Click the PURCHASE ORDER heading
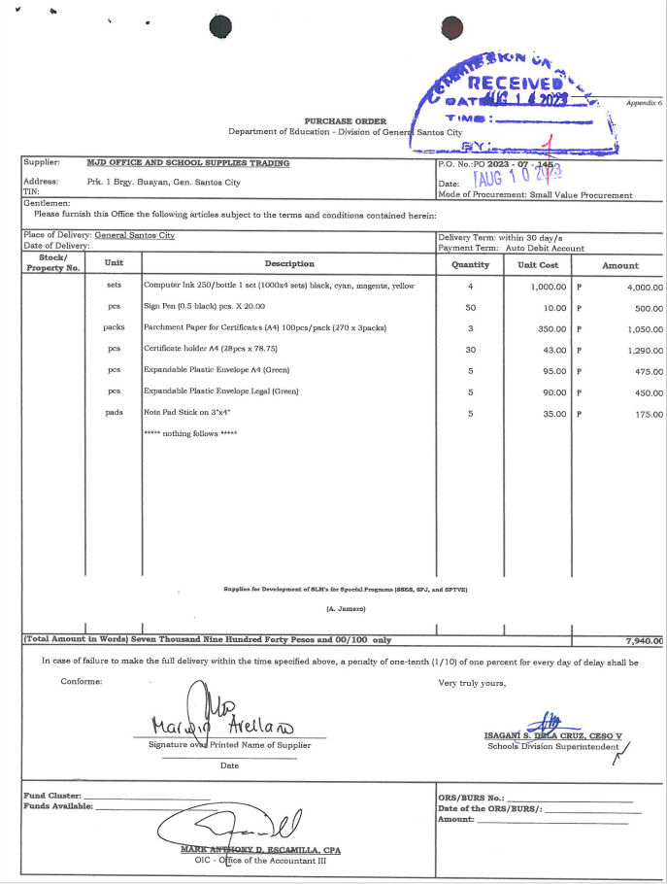coord(346,121)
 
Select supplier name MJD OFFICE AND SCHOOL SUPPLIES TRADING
coord(187,163)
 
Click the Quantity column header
coord(470,264)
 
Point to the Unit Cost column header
coord(537,264)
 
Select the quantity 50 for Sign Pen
coord(470,308)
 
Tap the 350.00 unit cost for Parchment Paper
coord(551,329)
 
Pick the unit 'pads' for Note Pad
coord(114,413)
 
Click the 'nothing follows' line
coord(189,433)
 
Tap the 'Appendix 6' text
coord(644,102)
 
